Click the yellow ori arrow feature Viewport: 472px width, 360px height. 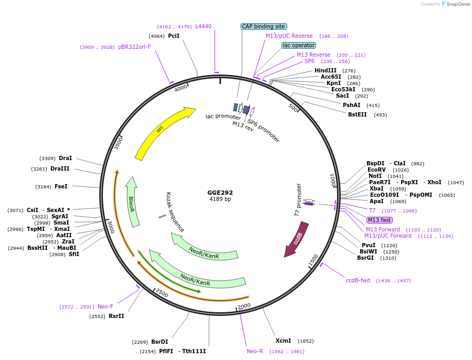click(x=160, y=131)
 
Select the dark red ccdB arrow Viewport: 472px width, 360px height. click(x=297, y=238)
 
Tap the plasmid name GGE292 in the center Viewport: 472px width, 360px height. click(x=220, y=193)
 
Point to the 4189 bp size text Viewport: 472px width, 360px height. click(x=220, y=199)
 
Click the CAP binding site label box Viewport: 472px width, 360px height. click(x=264, y=26)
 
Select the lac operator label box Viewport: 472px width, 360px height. click(x=299, y=46)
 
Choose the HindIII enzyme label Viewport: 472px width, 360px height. click(x=326, y=70)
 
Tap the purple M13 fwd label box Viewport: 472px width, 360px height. click(x=379, y=220)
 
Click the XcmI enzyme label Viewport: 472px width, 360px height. click(x=284, y=341)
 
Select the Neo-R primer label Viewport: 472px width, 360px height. click(x=255, y=351)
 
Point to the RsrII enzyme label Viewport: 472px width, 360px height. click(x=116, y=316)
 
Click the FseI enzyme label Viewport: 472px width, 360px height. click(x=61, y=186)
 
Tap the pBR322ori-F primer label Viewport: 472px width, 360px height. click(x=134, y=47)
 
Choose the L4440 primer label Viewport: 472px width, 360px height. click(x=203, y=26)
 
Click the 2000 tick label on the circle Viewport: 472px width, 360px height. click(x=244, y=306)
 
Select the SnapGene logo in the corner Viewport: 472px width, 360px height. click(x=455, y=4)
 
